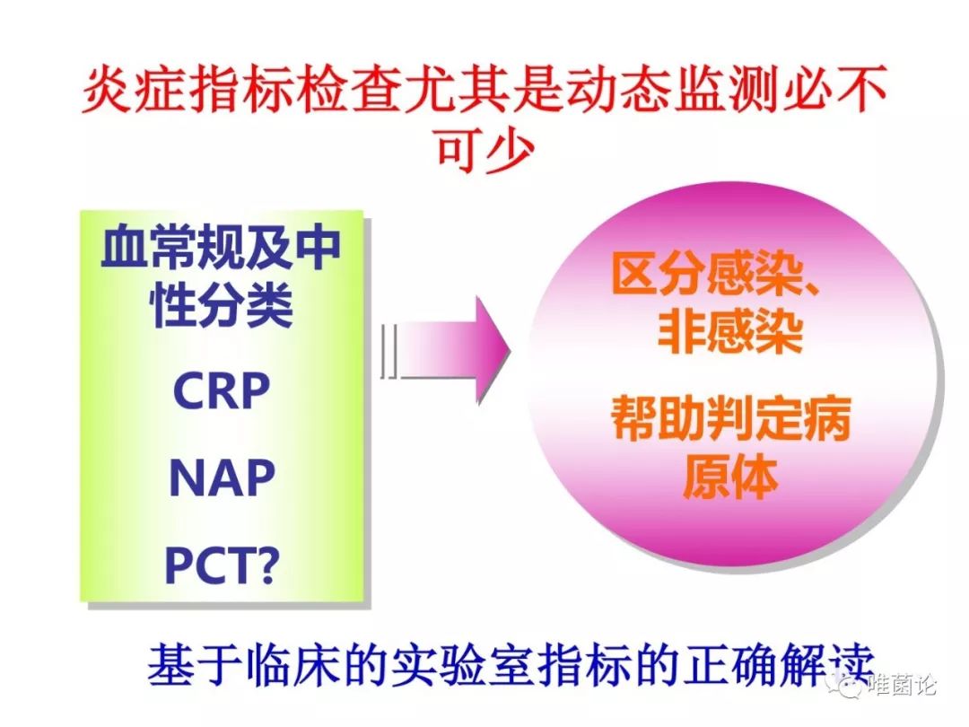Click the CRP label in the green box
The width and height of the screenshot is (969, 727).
pos(222,390)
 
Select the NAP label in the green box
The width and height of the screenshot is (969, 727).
pos(222,477)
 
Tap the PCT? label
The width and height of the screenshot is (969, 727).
pos(222,565)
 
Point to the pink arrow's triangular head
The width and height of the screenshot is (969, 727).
pos(493,350)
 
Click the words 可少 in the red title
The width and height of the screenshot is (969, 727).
pos(485,150)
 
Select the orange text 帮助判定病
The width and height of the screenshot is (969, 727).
pos(730,418)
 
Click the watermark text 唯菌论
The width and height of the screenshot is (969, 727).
pos(903,685)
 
